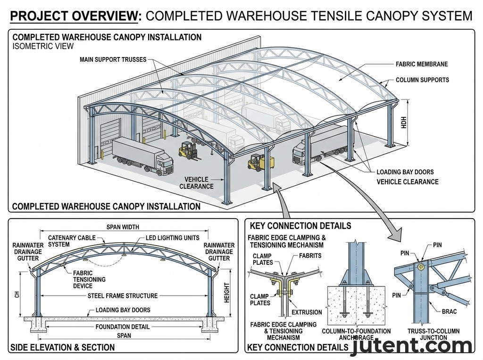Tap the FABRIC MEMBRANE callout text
pos(422,64)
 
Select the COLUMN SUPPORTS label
pos(422,80)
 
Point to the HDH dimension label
pos(404,123)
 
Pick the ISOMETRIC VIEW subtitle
pos(43,46)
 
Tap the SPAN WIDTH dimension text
pos(123,227)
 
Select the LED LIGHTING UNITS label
pos(173,238)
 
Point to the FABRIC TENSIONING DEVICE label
pos(89,279)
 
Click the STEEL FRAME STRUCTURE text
pos(123,296)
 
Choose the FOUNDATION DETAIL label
pos(123,327)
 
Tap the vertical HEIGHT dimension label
pos(227,293)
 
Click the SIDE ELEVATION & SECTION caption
pos(62,347)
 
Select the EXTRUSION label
pos(307,312)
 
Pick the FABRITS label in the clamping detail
pos(310,256)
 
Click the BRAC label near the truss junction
pos(449,311)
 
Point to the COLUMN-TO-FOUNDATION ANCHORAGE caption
pos(356,335)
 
